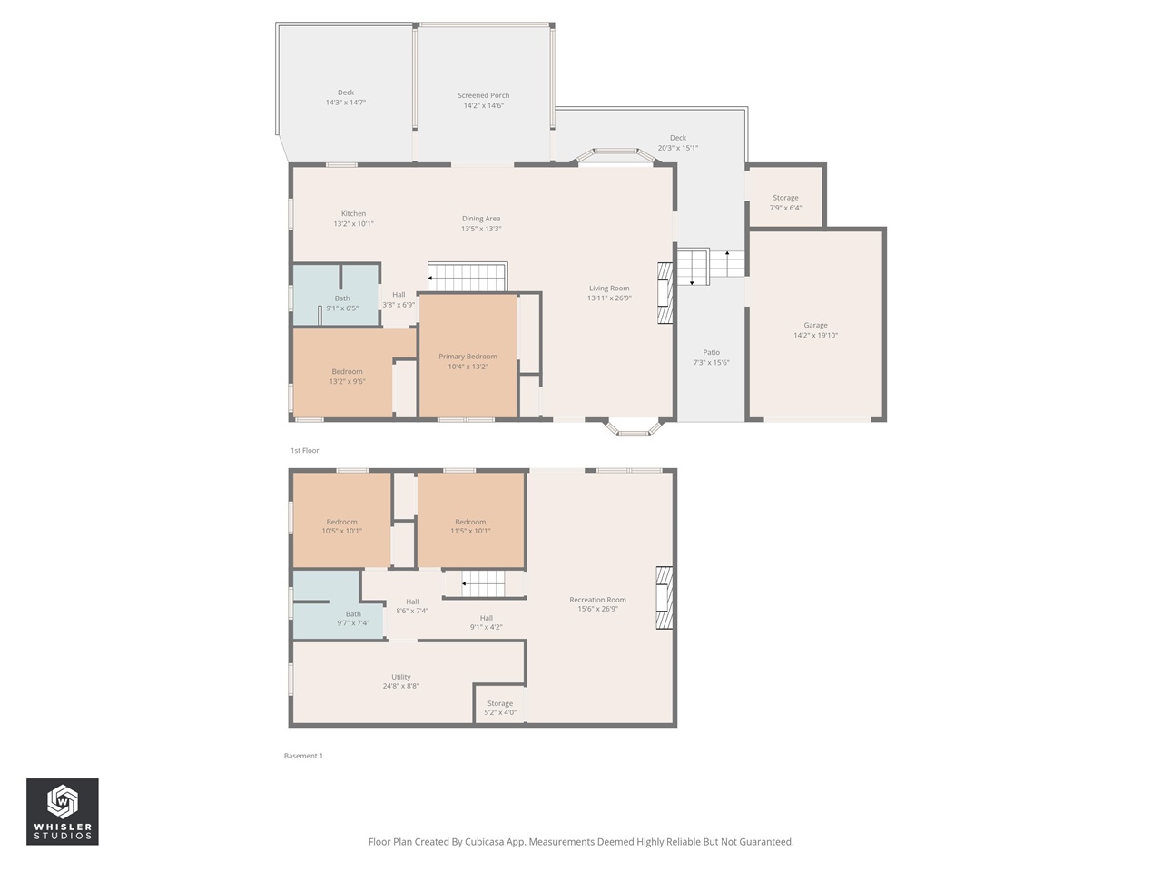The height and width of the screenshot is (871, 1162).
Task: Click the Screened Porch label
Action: click(x=483, y=95)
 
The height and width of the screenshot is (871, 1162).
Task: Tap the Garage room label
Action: click(x=815, y=325)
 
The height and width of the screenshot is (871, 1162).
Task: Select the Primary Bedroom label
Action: click(x=468, y=357)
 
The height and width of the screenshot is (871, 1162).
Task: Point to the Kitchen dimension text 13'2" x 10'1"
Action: click(x=353, y=224)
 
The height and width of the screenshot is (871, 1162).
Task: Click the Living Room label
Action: click(x=609, y=289)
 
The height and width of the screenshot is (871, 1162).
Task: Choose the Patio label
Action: click(x=711, y=352)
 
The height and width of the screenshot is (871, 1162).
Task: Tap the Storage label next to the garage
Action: click(x=785, y=198)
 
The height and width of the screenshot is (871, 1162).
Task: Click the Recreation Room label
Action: click(x=597, y=600)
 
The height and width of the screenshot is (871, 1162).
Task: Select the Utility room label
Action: click(x=400, y=677)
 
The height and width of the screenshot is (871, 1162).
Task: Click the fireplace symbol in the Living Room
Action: click(x=665, y=293)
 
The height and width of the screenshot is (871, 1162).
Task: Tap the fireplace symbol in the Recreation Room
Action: click(x=665, y=598)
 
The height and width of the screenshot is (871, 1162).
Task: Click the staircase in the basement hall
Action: click(x=483, y=583)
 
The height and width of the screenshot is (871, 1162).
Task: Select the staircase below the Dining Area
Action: click(x=467, y=277)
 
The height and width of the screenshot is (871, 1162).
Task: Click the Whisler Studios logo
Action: click(x=63, y=811)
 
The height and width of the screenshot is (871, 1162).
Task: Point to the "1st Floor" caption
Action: click(x=305, y=450)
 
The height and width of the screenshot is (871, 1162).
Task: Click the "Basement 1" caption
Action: click(x=303, y=756)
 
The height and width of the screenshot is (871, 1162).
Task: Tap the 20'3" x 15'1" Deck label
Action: click(x=677, y=142)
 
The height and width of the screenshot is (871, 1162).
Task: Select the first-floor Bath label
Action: click(x=342, y=298)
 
